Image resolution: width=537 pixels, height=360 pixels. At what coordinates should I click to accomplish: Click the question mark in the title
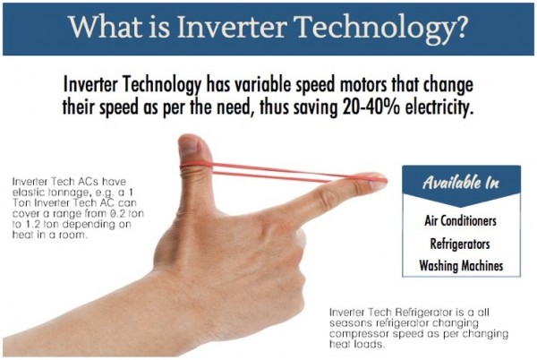click(x=459, y=27)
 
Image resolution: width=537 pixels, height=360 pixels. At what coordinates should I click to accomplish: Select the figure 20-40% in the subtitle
click(x=371, y=107)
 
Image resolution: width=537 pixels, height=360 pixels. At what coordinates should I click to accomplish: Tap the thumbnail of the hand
click(x=188, y=146)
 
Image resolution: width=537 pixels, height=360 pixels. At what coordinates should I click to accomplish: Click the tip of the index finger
click(x=386, y=181)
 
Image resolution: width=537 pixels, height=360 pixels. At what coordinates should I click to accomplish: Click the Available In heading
click(x=461, y=182)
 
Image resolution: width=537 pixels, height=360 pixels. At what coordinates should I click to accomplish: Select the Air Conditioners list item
click(x=461, y=220)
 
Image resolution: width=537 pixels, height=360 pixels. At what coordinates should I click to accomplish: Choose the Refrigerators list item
click(x=460, y=244)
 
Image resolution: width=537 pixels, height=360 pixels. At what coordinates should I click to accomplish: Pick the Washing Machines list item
click(x=461, y=265)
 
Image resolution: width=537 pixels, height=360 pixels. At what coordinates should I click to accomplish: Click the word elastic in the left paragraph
click(x=27, y=192)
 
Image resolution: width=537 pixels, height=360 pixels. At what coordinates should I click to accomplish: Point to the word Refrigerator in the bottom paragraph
click(x=422, y=313)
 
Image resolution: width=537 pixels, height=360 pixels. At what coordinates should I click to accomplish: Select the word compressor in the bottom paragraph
click(x=359, y=334)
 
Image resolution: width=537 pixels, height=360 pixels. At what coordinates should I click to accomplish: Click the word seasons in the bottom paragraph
click(x=351, y=323)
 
